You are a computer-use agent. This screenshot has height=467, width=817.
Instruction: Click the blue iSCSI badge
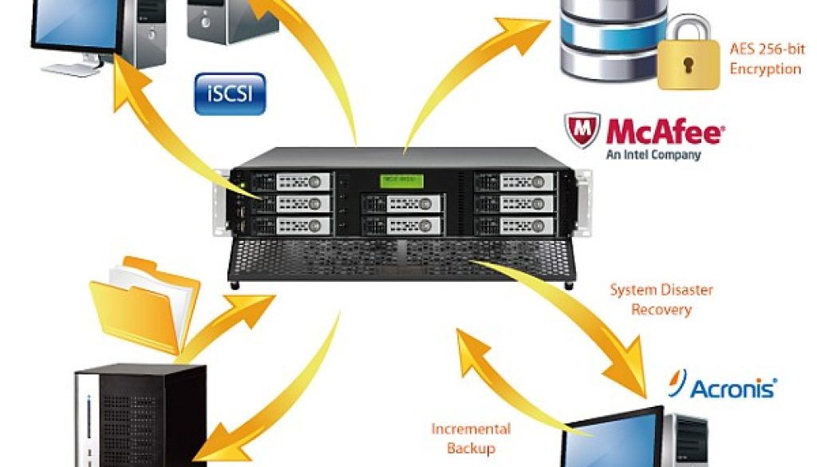coord(230,93)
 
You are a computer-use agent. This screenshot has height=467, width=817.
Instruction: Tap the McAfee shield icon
coord(582,131)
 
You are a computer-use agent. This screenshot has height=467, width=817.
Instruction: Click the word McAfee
coord(664,132)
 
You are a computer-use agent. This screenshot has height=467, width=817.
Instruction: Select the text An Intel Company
coord(653,155)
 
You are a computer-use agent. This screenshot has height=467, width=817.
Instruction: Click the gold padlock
coord(687,58)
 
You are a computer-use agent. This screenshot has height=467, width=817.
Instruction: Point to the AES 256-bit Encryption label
coord(764,59)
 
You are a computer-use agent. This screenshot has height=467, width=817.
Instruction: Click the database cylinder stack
coord(612,40)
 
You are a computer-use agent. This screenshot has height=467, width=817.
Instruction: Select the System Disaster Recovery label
coord(661,299)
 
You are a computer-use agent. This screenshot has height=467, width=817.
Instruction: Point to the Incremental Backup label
coord(470,438)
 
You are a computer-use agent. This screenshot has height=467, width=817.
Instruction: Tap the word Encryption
coord(764,69)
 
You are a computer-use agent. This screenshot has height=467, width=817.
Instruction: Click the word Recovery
coord(661,308)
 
